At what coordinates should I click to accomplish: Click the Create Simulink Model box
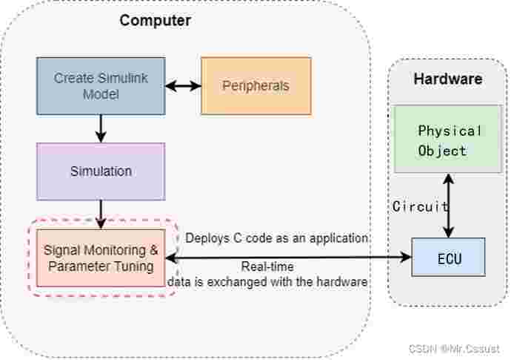pyautogui.click(x=101, y=86)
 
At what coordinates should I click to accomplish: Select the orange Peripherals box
pyautogui.click(x=255, y=85)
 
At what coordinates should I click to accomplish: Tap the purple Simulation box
pyautogui.click(x=101, y=171)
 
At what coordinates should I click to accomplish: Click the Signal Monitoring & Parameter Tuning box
pyautogui.click(x=101, y=258)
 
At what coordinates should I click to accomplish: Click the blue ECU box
pyautogui.click(x=447, y=257)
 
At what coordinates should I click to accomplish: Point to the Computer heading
pyautogui.click(x=155, y=20)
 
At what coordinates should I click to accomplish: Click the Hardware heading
pyautogui.click(x=447, y=79)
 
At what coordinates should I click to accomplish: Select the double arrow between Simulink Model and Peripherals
pyautogui.click(x=183, y=86)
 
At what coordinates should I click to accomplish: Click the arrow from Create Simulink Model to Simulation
pyautogui.click(x=101, y=128)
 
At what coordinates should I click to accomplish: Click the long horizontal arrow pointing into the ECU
pyautogui.click(x=289, y=257)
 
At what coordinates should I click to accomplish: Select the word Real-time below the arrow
pyautogui.click(x=267, y=267)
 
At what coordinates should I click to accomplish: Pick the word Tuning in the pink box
pyautogui.click(x=138, y=265)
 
